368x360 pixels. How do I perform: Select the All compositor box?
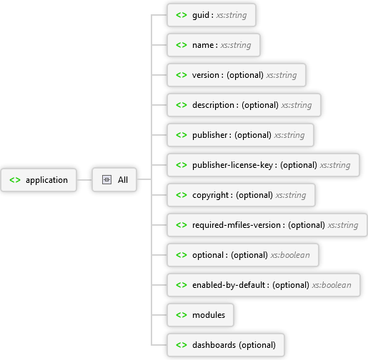(x=114, y=180)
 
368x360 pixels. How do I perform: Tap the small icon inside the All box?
(x=106, y=180)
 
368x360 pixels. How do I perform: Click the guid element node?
(x=211, y=15)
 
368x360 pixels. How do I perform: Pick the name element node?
(x=213, y=45)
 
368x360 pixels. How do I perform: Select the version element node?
(x=236, y=75)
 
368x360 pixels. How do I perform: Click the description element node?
(x=244, y=105)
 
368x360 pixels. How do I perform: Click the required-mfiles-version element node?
(x=267, y=225)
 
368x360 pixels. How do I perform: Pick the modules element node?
(x=200, y=315)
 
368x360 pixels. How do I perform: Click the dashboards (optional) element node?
(x=226, y=345)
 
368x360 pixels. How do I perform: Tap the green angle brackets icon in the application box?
(x=15, y=180)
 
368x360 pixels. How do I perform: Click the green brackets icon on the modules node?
(x=181, y=315)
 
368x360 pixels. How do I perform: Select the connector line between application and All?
(x=84, y=180)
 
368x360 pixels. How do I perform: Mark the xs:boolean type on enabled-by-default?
(x=331, y=285)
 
